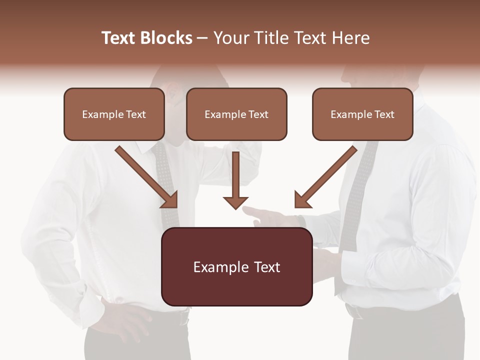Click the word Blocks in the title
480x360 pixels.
point(166,38)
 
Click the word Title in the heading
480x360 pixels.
point(269,38)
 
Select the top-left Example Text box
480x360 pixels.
point(114,114)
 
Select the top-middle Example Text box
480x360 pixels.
point(236,114)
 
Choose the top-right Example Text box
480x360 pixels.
point(362,114)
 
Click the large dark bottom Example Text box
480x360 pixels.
point(236,267)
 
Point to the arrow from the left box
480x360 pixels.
point(147,177)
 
